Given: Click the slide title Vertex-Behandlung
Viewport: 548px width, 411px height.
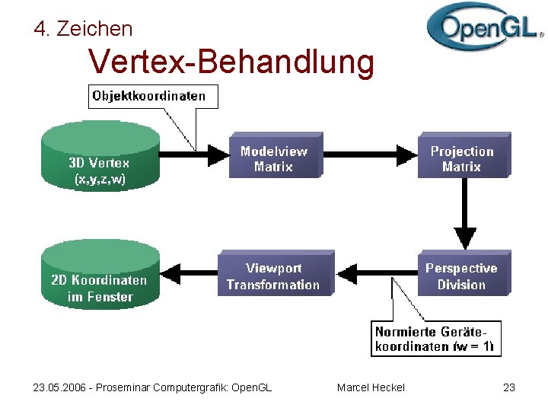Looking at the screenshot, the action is [231, 62].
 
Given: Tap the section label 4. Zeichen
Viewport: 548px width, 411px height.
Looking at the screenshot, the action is [83, 29].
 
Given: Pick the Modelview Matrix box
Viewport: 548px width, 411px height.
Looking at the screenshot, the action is [274, 158].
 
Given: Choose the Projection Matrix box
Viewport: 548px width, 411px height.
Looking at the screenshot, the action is [463, 158].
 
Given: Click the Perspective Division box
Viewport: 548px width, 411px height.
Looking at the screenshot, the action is [463, 276].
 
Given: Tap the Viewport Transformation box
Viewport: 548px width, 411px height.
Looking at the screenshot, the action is [274, 276].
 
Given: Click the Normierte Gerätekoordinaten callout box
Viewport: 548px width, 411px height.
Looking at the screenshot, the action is [435, 339].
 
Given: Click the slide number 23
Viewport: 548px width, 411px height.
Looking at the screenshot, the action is [509, 387].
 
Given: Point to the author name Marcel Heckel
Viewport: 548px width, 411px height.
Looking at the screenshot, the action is [371, 387].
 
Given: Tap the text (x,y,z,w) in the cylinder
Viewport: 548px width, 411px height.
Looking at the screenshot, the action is [100, 180].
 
